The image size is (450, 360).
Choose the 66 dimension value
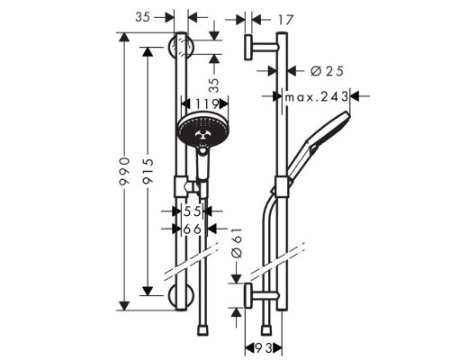(190, 230)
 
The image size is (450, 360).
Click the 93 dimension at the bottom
(263, 346)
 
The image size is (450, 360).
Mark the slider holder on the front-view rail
(190, 187)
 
